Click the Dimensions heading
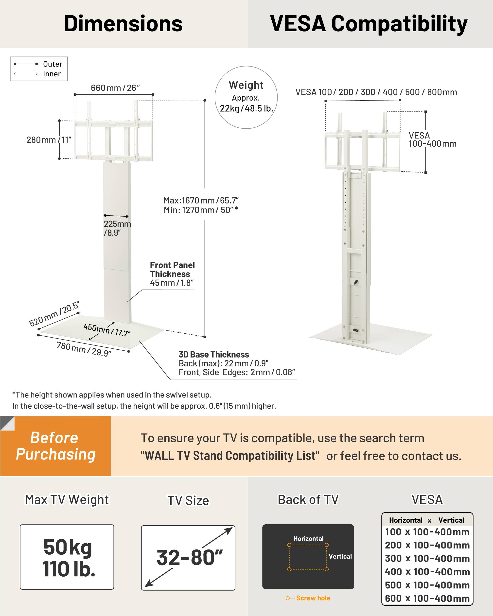tap(123, 23)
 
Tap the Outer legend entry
tap(52, 64)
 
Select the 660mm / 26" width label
tap(115, 88)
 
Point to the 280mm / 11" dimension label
tap(49, 140)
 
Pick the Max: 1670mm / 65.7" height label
tap(201, 200)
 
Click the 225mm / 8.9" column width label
tap(117, 228)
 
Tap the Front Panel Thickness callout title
tap(172, 269)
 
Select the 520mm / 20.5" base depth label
tap(54, 314)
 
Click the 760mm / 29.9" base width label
tap(84, 349)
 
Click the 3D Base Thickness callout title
tap(213, 355)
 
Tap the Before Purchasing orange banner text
tap(55, 446)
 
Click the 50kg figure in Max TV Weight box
tap(68, 547)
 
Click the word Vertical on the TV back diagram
tap(340, 556)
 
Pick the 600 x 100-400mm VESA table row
tap(427, 598)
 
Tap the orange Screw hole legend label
tap(313, 598)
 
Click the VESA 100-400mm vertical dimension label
tap(432, 139)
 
